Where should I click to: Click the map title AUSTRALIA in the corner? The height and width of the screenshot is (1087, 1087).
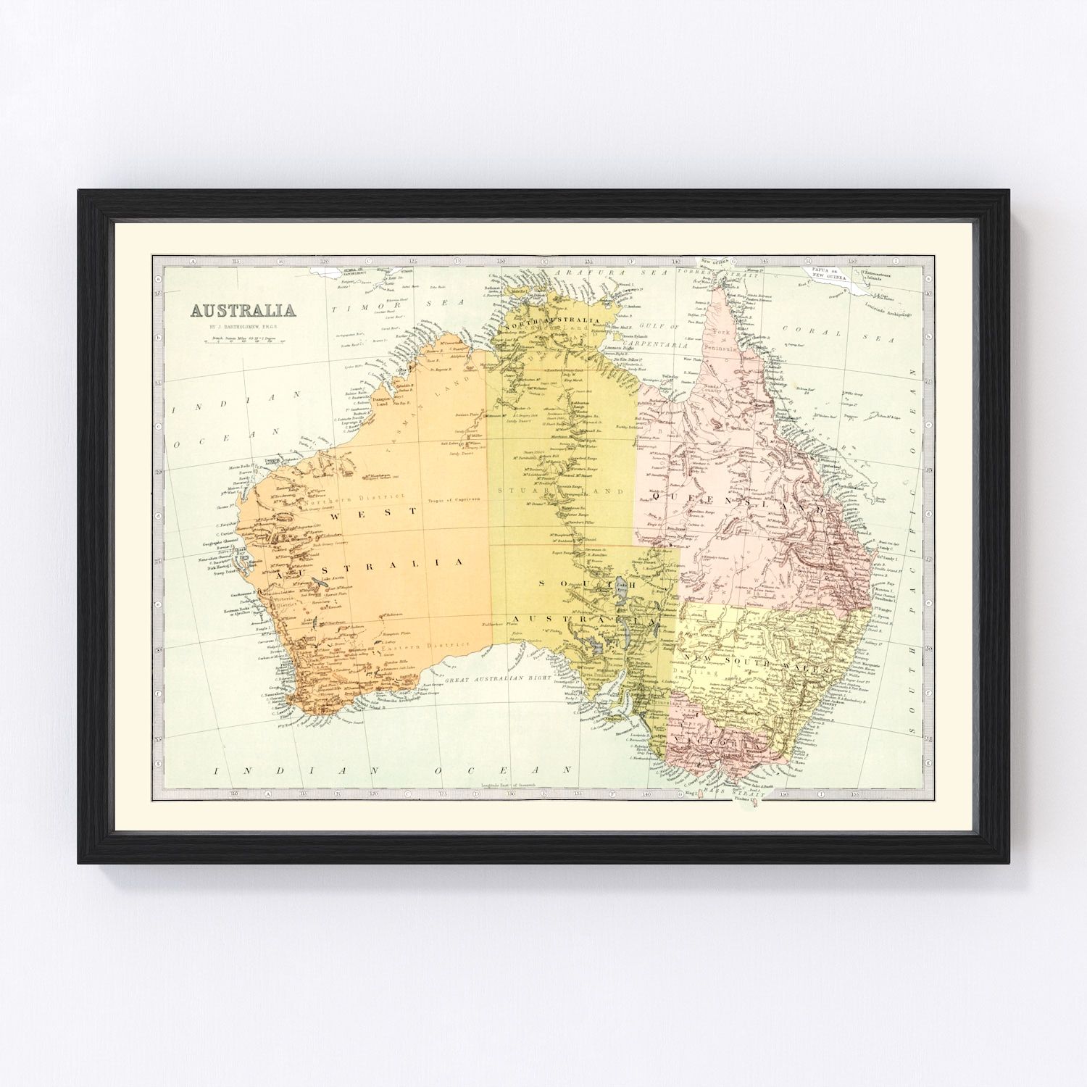242,311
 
